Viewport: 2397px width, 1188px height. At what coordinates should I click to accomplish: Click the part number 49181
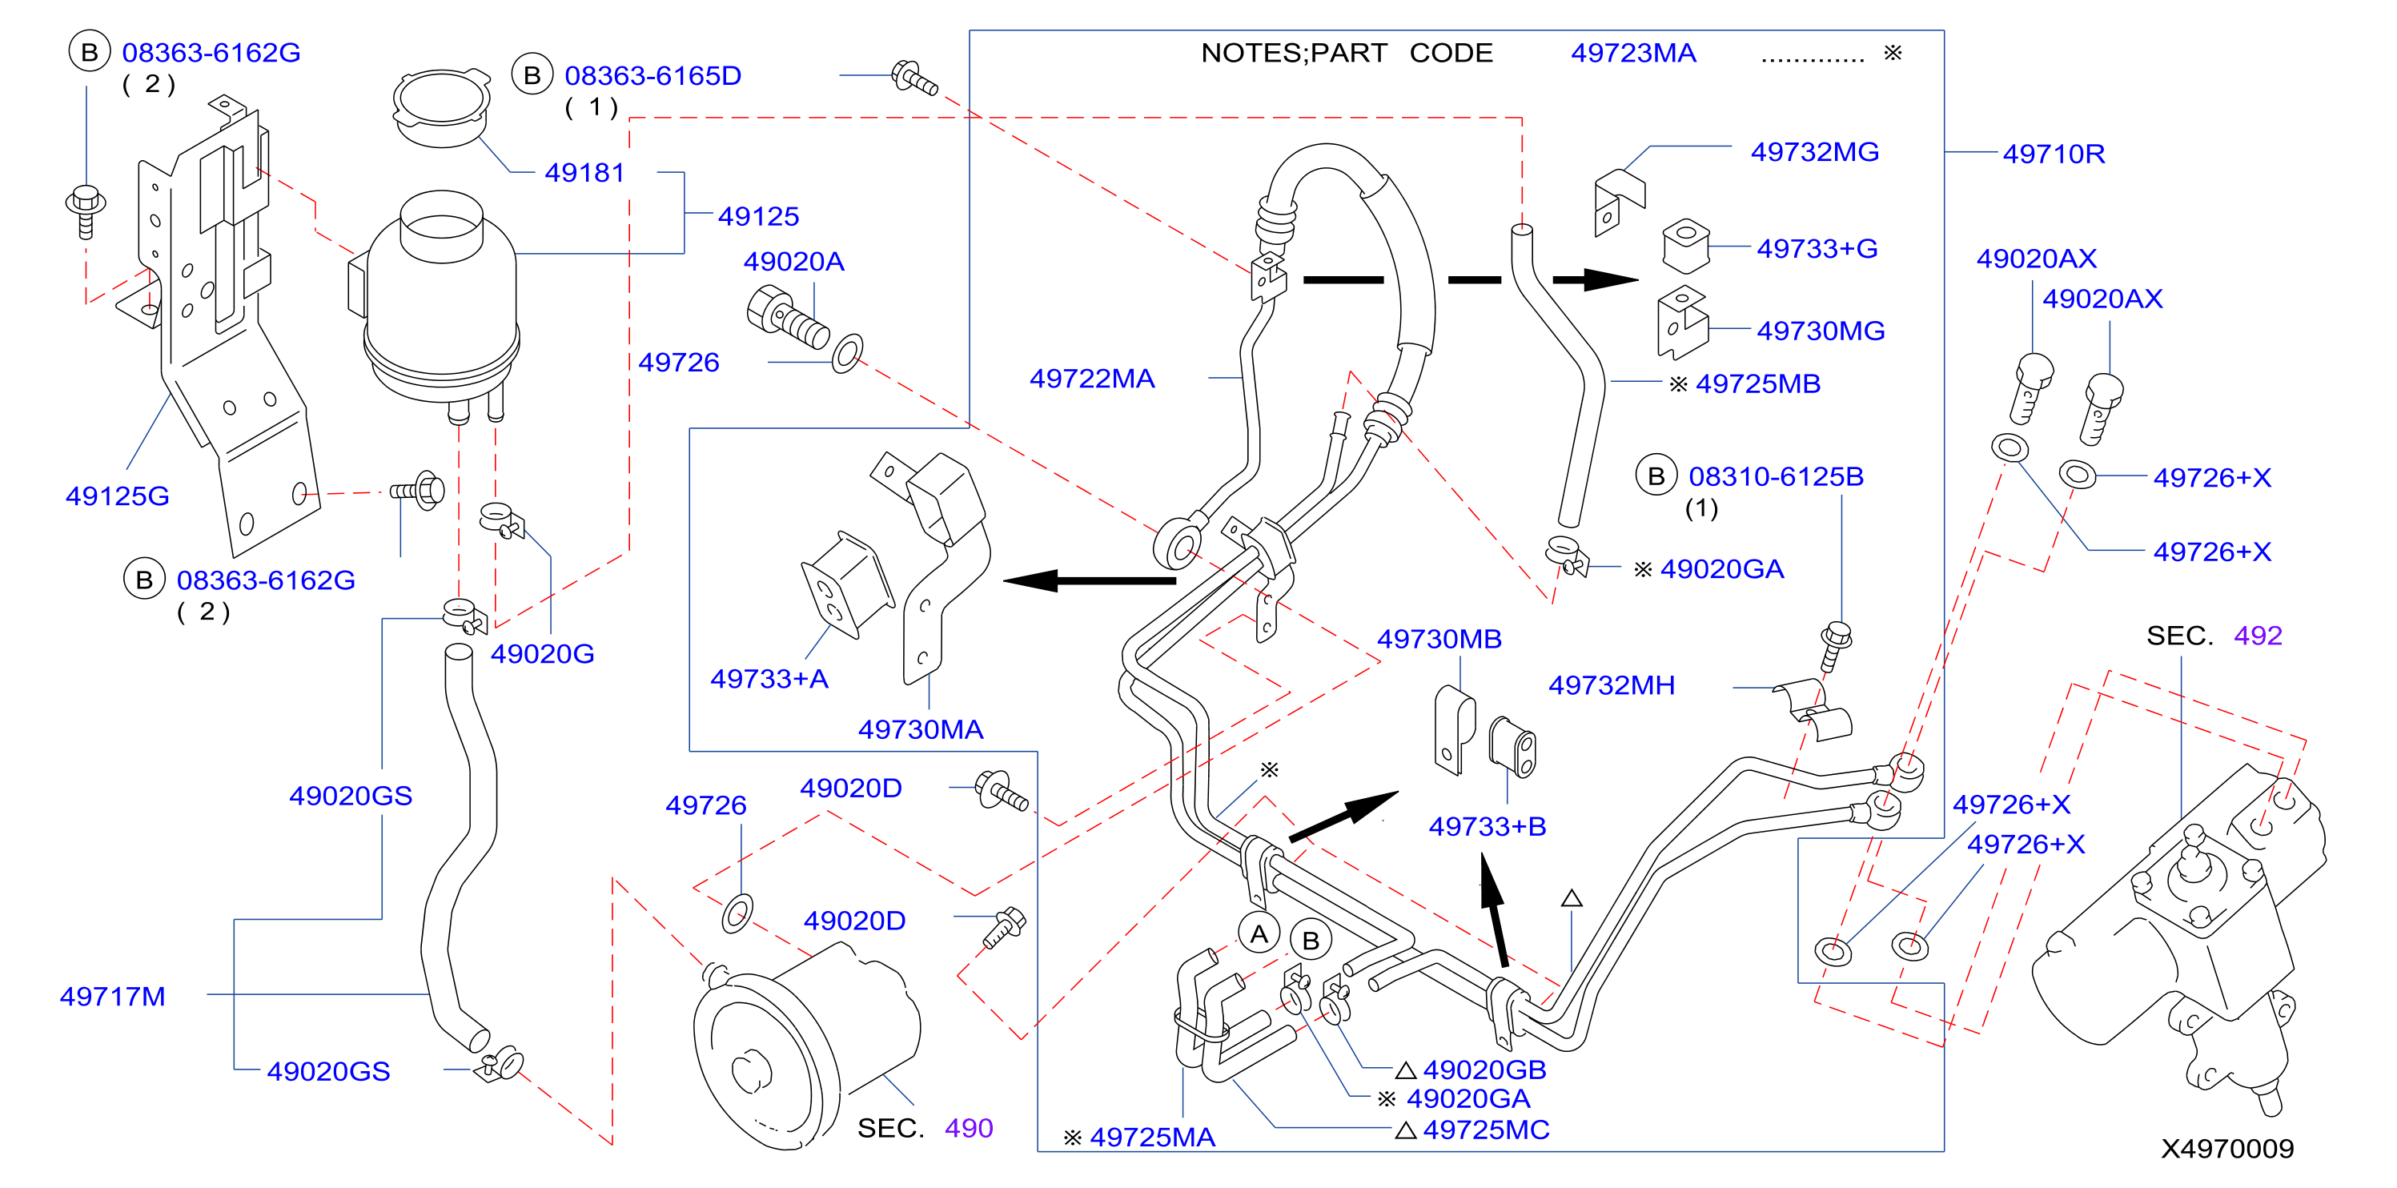point(584,173)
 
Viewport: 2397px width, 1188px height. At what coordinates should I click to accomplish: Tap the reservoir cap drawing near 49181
point(442,107)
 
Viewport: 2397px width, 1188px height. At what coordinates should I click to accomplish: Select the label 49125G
point(117,496)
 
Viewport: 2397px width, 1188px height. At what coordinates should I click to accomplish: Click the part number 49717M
point(113,997)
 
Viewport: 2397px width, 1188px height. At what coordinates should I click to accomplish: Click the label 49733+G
point(1817,248)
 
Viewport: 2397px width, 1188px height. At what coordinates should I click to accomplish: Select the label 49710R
point(2054,154)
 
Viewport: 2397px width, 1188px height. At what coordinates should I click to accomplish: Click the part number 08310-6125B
point(1776,476)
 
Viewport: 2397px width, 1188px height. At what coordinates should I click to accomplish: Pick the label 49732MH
point(1611,685)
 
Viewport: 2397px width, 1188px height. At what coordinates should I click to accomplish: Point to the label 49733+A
point(769,679)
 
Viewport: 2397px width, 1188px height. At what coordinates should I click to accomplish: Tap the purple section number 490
point(969,1129)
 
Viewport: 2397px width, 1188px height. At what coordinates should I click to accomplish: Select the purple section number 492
point(2258,636)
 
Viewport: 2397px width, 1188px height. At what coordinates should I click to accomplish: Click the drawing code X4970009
point(2226,1149)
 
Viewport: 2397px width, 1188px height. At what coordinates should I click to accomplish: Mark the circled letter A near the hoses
point(1259,934)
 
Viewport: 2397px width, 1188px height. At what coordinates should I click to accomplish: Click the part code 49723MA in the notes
point(1633,53)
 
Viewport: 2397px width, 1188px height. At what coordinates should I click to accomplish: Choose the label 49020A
point(793,262)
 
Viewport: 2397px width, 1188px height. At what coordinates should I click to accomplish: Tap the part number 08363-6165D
point(652,75)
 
